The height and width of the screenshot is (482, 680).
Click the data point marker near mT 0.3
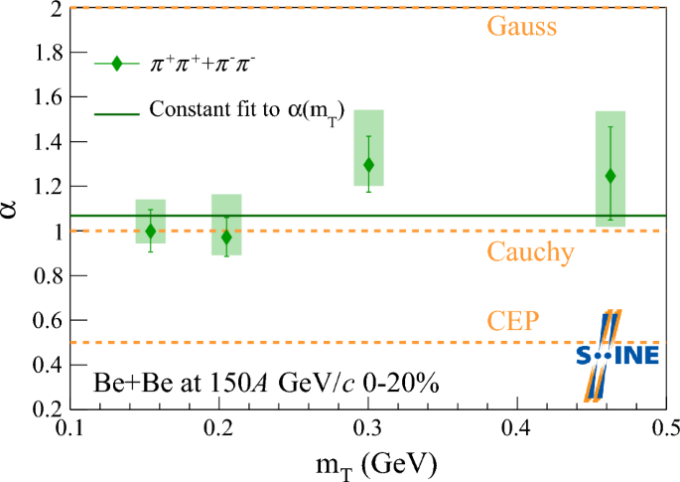(369, 164)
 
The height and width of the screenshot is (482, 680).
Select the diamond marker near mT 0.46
(610, 176)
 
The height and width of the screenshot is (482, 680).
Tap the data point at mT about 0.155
(151, 231)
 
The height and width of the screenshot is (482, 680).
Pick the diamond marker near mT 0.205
(226, 238)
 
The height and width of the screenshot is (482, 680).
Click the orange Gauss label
(520, 25)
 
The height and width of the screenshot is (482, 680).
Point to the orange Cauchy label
(530, 252)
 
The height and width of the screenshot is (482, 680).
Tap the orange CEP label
(513, 321)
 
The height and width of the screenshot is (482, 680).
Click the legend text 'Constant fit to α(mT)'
(253, 110)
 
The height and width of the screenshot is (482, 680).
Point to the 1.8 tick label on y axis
(40, 53)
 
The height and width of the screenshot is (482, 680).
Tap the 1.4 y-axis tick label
(40, 142)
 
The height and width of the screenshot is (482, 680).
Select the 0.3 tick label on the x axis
(367, 428)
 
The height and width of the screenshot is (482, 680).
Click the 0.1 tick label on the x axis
(69, 428)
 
